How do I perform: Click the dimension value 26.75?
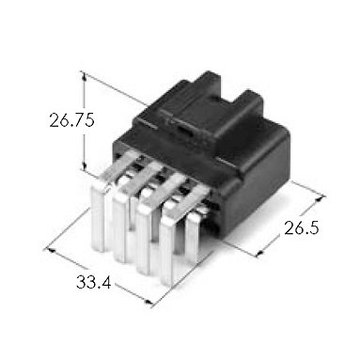click(x=71, y=120)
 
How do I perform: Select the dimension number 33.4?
click(x=93, y=283)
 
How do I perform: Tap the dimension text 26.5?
click(x=302, y=227)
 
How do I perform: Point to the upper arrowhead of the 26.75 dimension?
click(x=84, y=75)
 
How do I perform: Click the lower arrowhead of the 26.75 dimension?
click(x=84, y=166)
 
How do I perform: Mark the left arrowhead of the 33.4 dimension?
click(x=50, y=250)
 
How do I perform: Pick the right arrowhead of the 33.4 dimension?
click(x=149, y=302)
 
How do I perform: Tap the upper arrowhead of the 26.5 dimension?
click(x=320, y=199)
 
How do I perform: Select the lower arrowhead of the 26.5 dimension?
click(x=260, y=252)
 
